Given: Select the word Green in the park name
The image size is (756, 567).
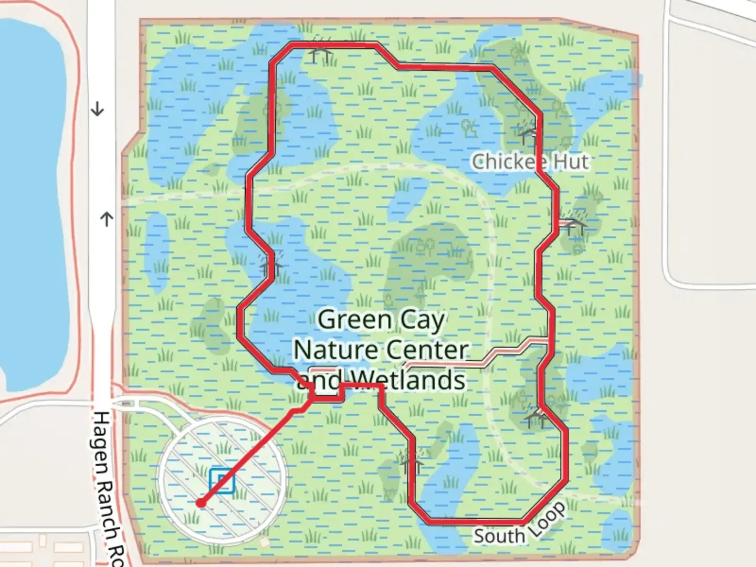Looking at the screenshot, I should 355,319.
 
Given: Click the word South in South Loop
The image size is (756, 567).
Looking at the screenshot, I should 499,536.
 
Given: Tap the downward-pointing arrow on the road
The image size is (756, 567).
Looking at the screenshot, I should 98,110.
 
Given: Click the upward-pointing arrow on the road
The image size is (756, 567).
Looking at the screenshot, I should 107,218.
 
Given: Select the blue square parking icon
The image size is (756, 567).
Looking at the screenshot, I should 222,480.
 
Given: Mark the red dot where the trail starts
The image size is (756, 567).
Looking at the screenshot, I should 200,503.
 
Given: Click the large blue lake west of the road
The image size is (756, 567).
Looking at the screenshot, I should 31,199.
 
